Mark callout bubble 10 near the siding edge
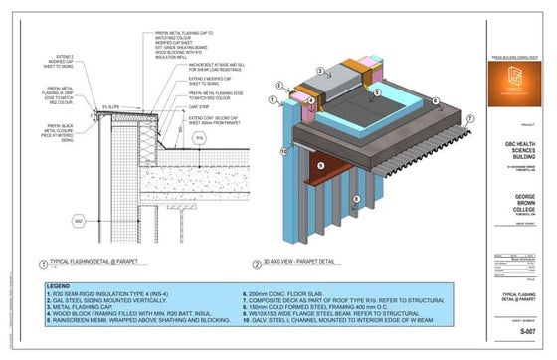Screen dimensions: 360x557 tap(284, 151)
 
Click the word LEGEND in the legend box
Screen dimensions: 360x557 tap(59, 287)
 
